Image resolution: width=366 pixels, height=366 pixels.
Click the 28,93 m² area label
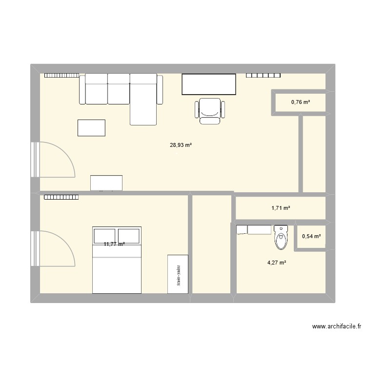[x=177, y=145]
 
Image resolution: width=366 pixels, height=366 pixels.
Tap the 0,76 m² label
[x=301, y=102]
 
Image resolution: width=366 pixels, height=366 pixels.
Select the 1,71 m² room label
[x=281, y=208]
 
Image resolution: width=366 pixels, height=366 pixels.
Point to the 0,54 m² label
[x=311, y=237]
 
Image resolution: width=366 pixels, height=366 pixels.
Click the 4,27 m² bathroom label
[x=276, y=263]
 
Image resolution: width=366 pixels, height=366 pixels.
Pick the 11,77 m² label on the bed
[x=114, y=244]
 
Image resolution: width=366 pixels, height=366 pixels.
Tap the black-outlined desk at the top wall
[x=209, y=84]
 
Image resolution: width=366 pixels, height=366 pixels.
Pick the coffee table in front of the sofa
[x=91, y=128]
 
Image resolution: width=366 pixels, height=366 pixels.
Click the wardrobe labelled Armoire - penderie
[x=178, y=274]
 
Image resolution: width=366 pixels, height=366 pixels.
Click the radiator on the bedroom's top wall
[x=61, y=198]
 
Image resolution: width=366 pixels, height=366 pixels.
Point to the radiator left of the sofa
[x=61, y=76]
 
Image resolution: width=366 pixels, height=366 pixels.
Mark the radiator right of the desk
[x=264, y=76]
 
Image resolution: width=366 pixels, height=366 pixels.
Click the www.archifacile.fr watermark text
[x=337, y=327]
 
